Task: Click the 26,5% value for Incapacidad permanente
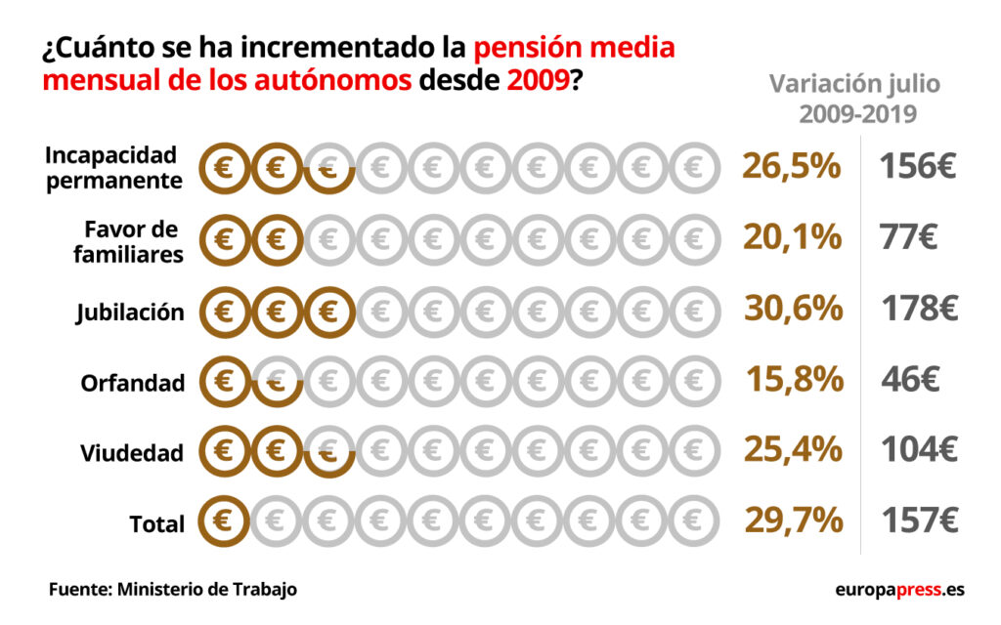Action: pos(791,166)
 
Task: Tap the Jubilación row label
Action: pos(130,312)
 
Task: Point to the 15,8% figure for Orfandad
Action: pos(794,379)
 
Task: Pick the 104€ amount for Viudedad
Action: pos(919,450)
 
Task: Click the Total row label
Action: pos(156,524)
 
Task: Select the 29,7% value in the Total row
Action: pos(793,521)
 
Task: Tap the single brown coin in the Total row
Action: pos(224,520)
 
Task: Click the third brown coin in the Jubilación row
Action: pos(327,311)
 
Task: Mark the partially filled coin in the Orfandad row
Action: pos(277,381)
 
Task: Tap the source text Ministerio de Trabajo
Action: pos(206,590)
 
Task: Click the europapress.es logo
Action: pos(899,590)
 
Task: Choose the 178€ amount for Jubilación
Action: pos(919,309)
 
